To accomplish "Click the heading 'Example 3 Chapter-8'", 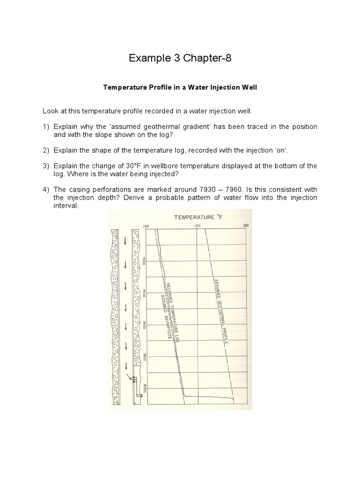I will [x=180, y=59].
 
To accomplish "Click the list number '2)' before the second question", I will [x=46, y=150].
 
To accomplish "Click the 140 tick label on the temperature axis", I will [x=145, y=226].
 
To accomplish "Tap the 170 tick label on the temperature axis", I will [x=197, y=226].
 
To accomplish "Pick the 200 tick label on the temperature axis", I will [x=246, y=226].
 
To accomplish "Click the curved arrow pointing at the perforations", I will [x=129, y=376].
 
